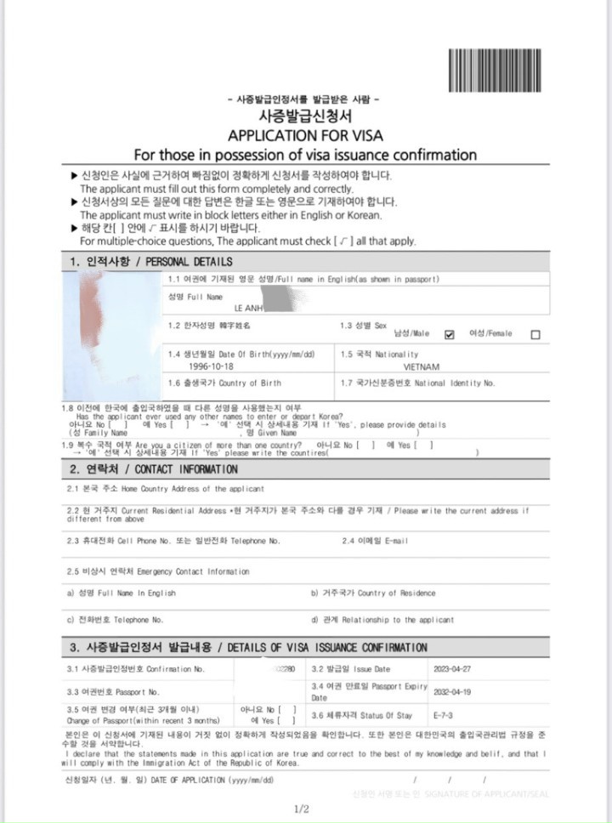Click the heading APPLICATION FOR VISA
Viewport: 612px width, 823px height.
(305, 135)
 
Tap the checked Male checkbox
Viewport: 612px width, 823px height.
(450, 333)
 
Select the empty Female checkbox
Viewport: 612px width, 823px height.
(535, 334)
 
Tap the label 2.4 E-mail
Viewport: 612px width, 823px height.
(375, 541)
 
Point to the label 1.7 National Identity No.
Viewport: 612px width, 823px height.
(417, 383)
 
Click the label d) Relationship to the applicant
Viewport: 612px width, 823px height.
(382, 620)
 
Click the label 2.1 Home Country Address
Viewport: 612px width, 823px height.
(165, 489)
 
